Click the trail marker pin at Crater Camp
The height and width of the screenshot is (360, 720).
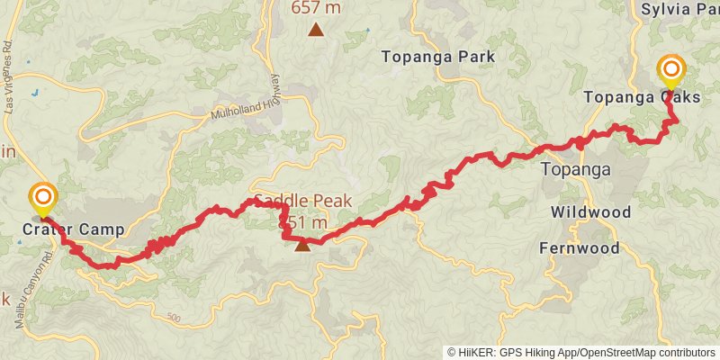pyautogui.click(x=42, y=198)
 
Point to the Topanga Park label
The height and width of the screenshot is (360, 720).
pyautogui.click(x=438, y=57)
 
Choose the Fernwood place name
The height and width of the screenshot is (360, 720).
pyautogui.click(x=580, y=247)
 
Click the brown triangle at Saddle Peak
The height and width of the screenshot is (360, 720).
pyautogui.click(x=302, y=244)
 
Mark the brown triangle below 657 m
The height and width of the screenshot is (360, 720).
pyautogui.click(x=315, y=30)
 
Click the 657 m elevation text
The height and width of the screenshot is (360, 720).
pyautogui.click(x=315, y=9)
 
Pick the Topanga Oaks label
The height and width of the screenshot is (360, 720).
pyautogui.click(x=642, y=97)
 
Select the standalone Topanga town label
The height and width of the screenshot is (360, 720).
pyautogui.click(x=575, y=169)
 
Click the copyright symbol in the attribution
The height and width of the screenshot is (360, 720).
pyautogui.click(x=453, y=352)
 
